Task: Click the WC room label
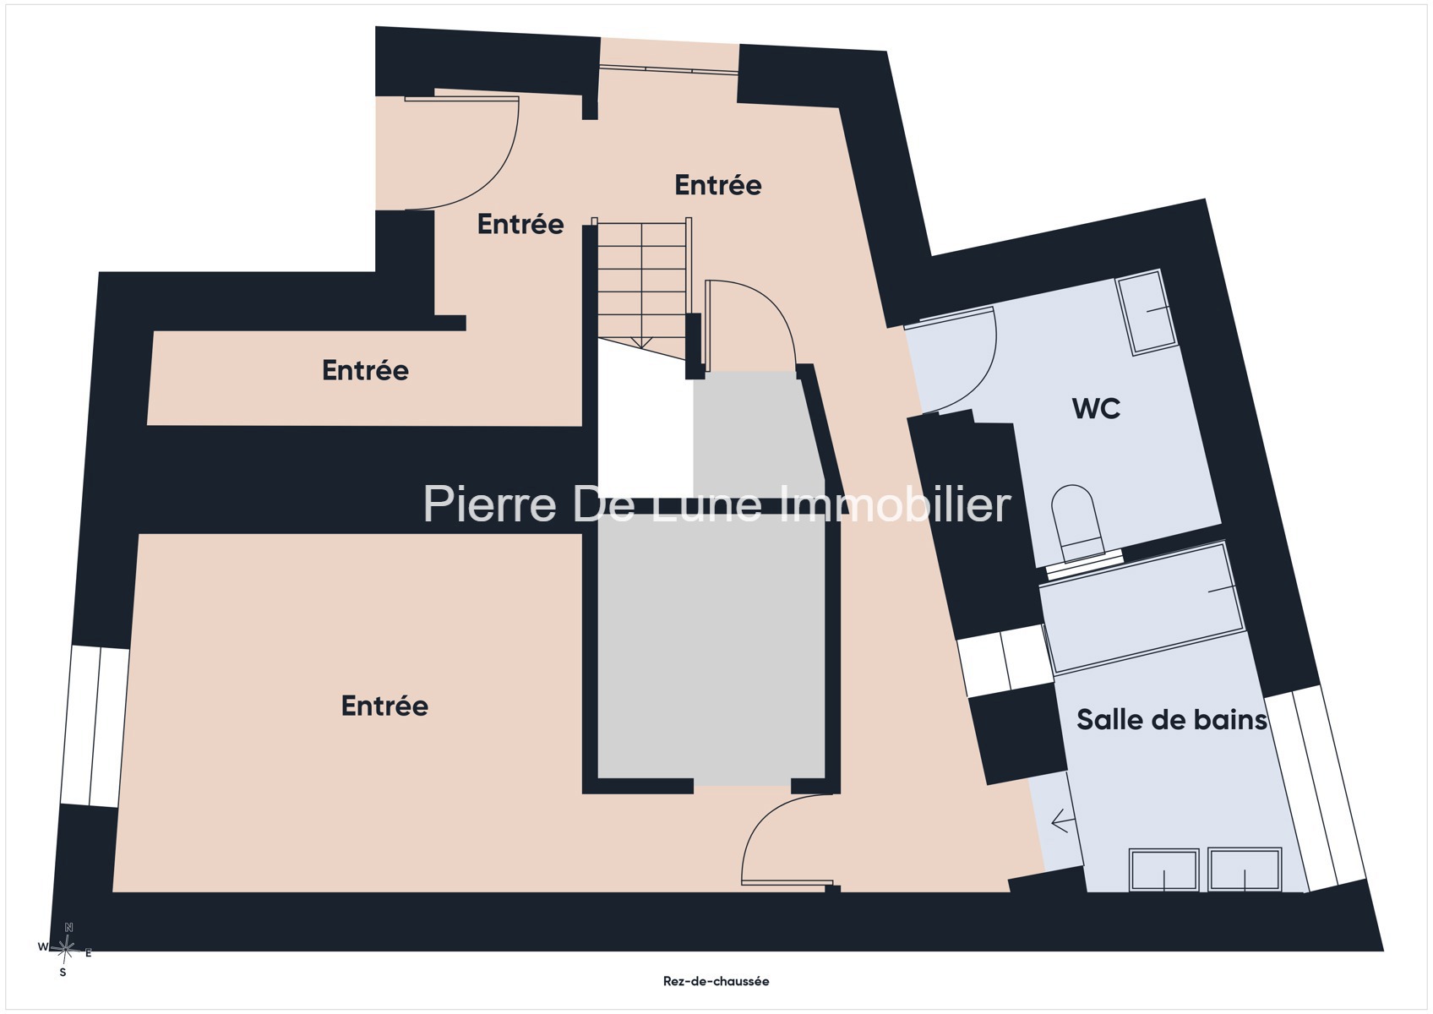pyautogui.click(x=1096, y=409)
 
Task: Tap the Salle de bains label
pyautogui.click(x=1171, y=720)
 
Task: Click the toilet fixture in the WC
pyautogui.click(x=1079, y=522)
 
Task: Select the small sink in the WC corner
pyautogui.click(x=1146, y=312)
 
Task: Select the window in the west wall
pyautogui.click(x=95, y=727)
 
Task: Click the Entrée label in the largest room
pyautogui.click(x=384, y=706)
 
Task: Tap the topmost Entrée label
pyautogui.click(x=718, y=186)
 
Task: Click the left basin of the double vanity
pyautogui.click(x=1163, y=870)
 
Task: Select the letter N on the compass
pyautogui.click(x=69, y=927)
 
